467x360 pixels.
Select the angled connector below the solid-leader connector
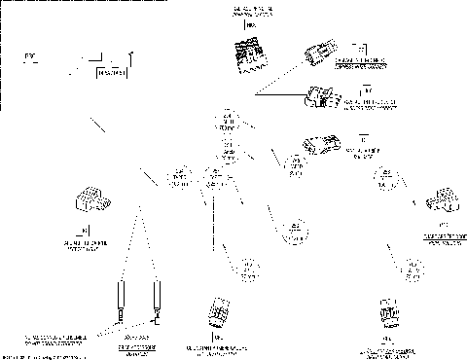point(322,144)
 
